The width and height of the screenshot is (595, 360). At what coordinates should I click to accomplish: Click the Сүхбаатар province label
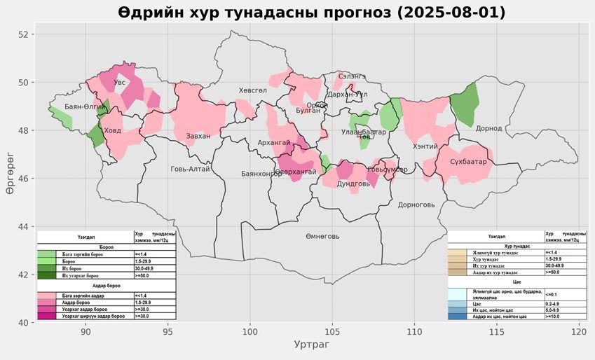click(468, 162)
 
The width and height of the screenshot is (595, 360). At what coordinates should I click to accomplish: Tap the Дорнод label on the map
click(488, 128)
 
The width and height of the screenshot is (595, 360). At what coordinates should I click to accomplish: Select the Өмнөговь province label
click(322, 236)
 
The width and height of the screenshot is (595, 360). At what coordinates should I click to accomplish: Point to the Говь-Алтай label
click(190, 169)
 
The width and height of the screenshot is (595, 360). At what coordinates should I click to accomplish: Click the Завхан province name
click(198, 136)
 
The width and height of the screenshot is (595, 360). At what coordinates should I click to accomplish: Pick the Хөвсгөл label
click(252, 90)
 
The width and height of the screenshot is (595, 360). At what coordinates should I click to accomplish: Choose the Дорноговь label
click(416, 205)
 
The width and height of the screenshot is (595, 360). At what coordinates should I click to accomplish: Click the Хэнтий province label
click(425, 146)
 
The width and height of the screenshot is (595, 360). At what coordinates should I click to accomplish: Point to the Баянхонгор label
click(261, 174)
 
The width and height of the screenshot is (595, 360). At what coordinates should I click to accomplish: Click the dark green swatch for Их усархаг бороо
click(46, 275)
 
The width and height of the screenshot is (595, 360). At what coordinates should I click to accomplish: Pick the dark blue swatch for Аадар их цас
click(456, 317)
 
